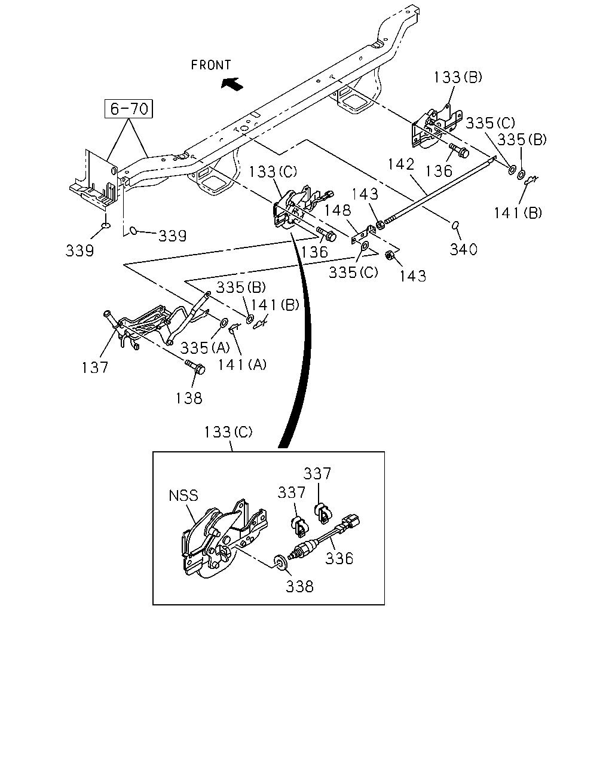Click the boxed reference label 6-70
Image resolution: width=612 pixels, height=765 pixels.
[128, 108]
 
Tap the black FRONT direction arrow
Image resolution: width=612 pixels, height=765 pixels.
[232, 84]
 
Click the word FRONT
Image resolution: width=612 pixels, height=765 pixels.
[211, 65]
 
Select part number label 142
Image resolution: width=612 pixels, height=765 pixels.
[401, 164]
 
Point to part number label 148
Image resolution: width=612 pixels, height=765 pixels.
[338, 210]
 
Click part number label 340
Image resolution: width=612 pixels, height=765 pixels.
[463, 250]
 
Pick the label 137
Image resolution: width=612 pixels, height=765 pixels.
[94, 368]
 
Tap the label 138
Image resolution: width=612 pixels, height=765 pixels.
[189, 399]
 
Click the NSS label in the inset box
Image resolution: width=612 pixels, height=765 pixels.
[183, 495]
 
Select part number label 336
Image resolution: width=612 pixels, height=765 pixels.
[339, 558]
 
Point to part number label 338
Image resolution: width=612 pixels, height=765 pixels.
[300, 586]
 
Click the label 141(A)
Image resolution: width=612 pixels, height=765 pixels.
[242, 365]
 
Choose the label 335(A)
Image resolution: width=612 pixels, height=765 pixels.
[205, 348]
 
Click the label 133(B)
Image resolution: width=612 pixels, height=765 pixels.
[458, 77]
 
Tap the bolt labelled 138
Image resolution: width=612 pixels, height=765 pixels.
[195, 366]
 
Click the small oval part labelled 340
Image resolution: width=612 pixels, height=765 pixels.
[455, 225]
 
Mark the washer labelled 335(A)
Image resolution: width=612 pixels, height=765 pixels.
[224, 323]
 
